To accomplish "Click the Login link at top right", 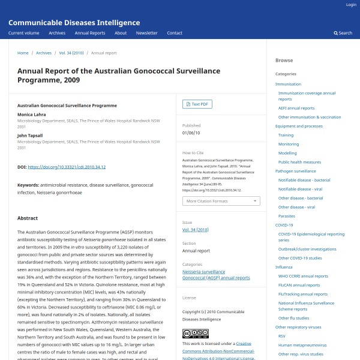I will tap(351, 4).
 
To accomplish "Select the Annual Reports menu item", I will tap(90, 33).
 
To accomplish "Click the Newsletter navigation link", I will tap(146, 33).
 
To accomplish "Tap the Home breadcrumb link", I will tap(23, 53).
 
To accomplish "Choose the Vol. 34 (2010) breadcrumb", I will tap(71, 53).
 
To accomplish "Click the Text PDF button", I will tap(197, 104).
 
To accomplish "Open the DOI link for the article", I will tap(67, 167).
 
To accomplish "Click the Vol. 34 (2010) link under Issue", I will tap(195, 229).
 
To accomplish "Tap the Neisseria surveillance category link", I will tap(203, 271).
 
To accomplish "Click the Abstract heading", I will tap(28, 218).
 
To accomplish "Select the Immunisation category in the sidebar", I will tap(288, 84).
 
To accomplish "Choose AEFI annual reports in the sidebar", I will tap(296, 108).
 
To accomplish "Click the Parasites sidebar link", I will tap(286, 215).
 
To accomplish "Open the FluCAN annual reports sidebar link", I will tap(299, 285).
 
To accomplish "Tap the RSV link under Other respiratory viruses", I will tap(281, 336).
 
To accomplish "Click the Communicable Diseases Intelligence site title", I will tap(74, 23).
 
